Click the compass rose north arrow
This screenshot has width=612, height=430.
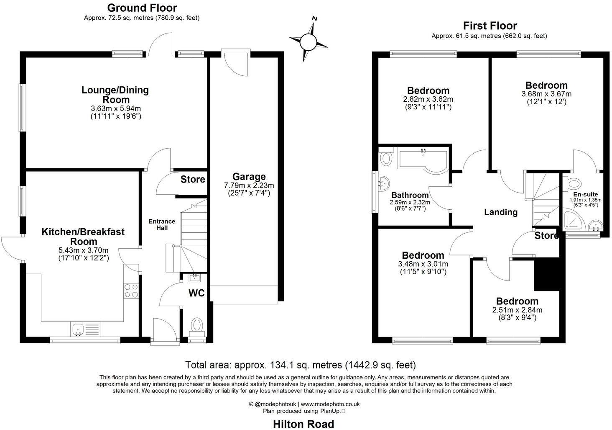pyautogui.click(x=308, y=41)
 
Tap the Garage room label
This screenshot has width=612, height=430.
pyautogui.click(x=249, y=177)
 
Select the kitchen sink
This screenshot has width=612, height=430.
pyautogui.click(x=78, y=330)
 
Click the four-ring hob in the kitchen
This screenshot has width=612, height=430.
pyautogui.click(x=132, y=290)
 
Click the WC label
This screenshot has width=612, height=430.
pyautogui.click(x=196, y=293)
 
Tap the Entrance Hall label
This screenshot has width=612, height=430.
pyautogui.click(x=162, y=224)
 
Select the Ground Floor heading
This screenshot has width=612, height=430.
pyautogui.click(x=142, y=8)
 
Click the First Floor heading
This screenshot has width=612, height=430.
pyautogui.click(x=490, y=26)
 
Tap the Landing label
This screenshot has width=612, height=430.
pyautogui.click(x=500, y=212)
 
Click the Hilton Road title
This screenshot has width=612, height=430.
pyautogui.click(x=303, y=424)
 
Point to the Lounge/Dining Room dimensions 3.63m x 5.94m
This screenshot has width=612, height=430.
pyautogui.click(x=116, y=108)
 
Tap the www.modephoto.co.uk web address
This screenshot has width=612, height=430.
pyautogui.click(x=330, y=404)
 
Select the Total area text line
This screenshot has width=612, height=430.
pyautogui.click(x=300, y=364)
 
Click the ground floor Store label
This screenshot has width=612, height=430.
pyautogui.click(x=193, y=180)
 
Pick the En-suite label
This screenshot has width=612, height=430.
pyautogui.click(x=585, y=194)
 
